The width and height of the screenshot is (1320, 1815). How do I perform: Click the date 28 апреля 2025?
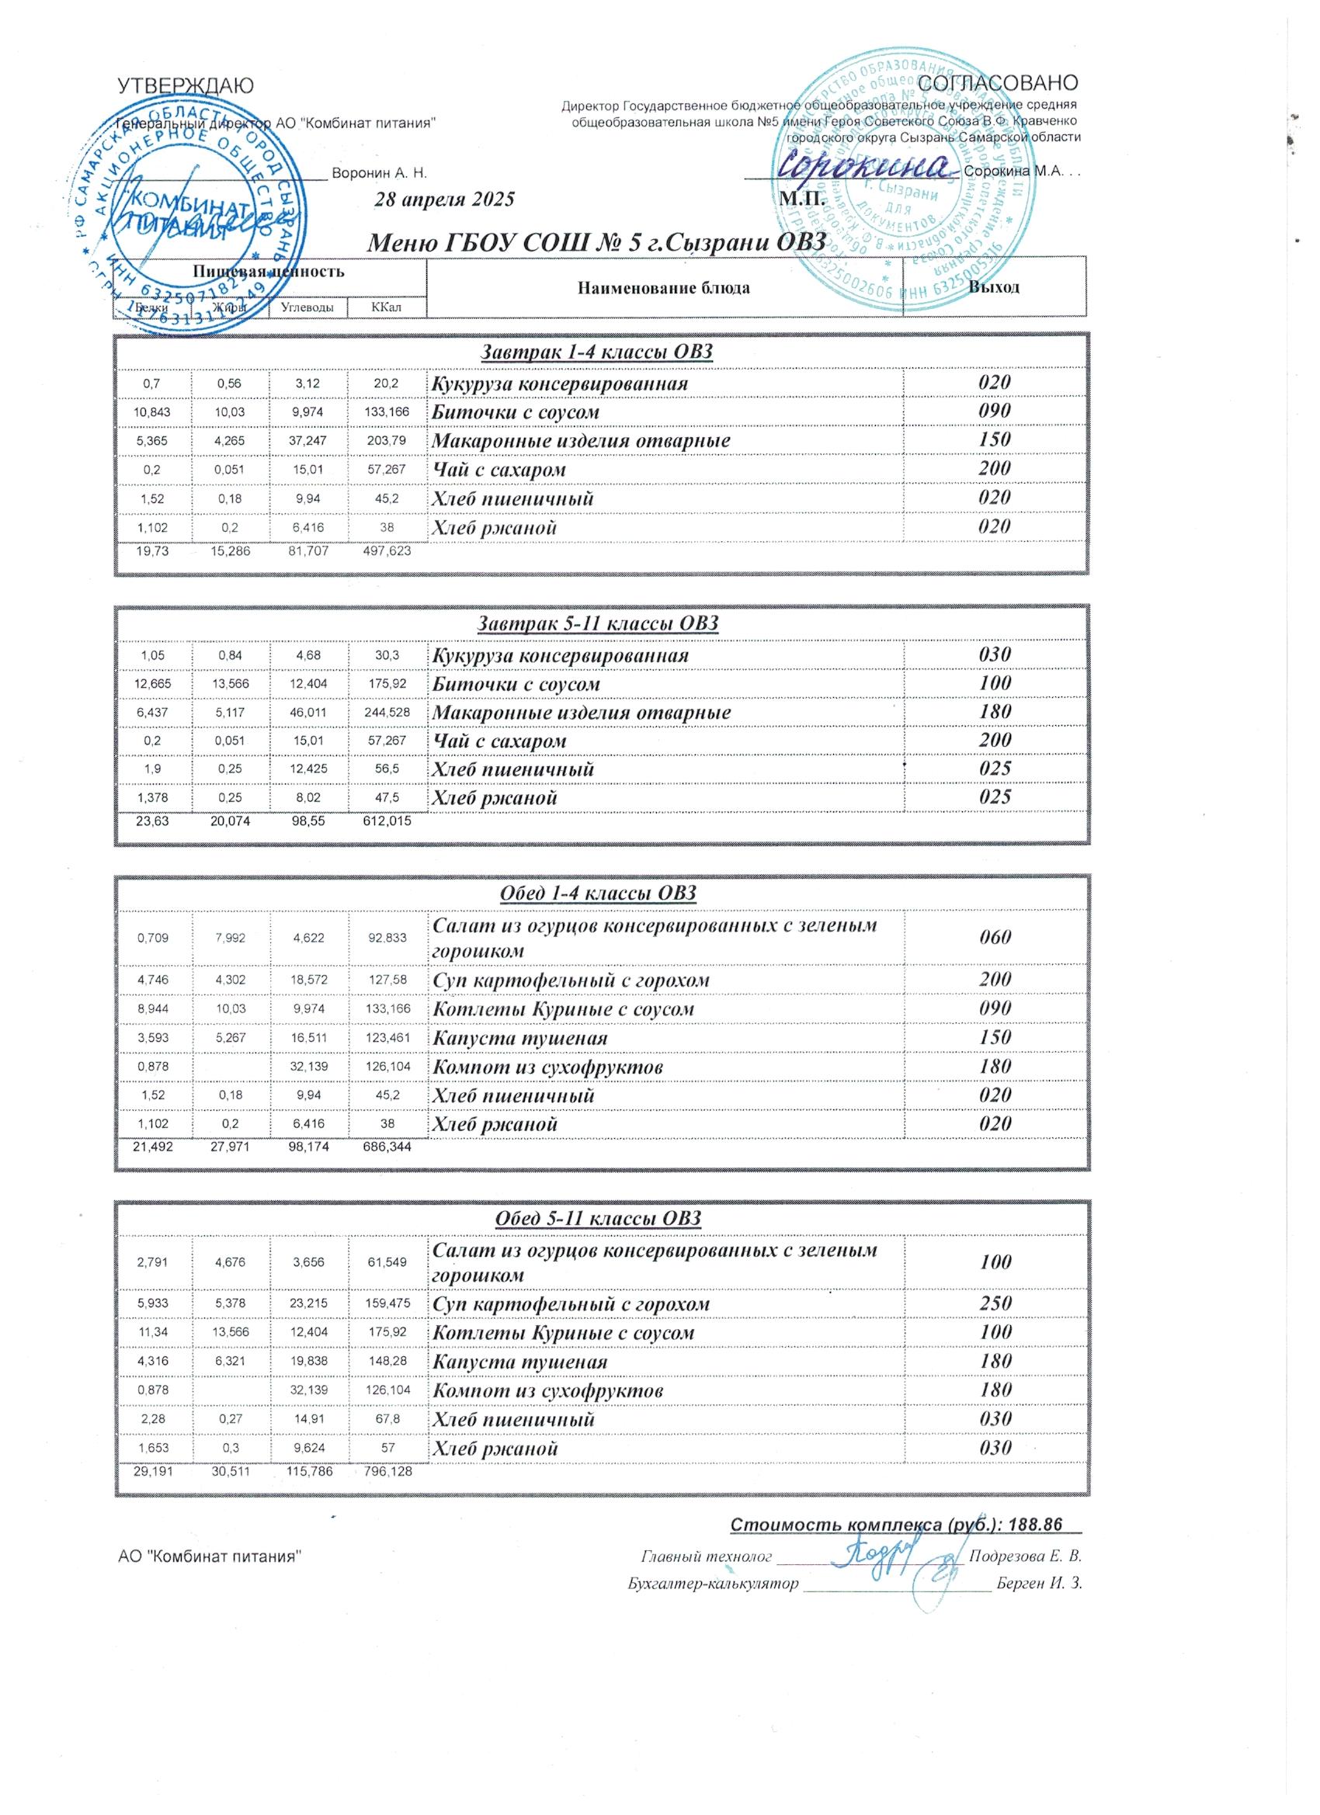coord(444,200)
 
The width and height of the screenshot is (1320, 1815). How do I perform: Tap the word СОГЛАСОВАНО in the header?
coord(999,82)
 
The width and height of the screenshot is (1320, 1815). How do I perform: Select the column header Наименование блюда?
coord(664,287)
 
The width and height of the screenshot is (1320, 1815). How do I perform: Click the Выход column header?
coord(994,286)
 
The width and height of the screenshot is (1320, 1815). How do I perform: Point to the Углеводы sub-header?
coord(308,307)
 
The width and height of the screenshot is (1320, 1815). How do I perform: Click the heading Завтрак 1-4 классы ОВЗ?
coord(596,352)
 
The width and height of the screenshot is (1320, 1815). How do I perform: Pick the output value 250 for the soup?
coord(995,1302)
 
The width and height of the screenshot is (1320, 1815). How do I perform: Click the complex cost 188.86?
coord(1035,1525)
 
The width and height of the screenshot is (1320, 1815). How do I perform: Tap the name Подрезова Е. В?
coord(1025,1556)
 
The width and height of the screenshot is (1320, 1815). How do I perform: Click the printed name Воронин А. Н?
coord(379,173)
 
